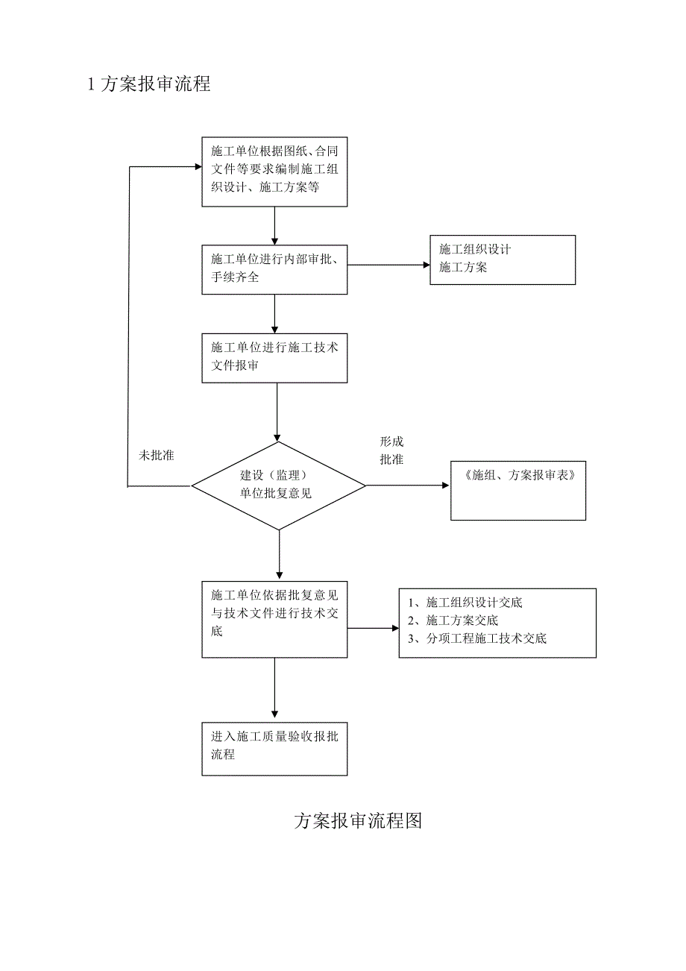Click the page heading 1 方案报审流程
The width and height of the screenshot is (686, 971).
[x=149, y=84]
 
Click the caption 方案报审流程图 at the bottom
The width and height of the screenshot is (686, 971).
[x=358, y=821]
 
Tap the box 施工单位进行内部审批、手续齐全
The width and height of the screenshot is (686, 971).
[x=274, y=269]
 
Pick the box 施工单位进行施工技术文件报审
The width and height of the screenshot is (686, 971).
[x=274, y=358]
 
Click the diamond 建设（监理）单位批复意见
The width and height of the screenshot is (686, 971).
[x=279, y=485]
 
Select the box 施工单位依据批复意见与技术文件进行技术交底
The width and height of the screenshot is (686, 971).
[x=274, y=618]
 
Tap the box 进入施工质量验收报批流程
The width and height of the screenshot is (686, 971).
[x=274, y=748]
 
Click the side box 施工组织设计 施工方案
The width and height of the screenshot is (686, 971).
[x=503, y=260]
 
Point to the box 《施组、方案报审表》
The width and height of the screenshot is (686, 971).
[x=518, y=490]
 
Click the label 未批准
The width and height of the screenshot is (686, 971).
[x=157, y=455]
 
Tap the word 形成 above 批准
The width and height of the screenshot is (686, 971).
[x=391, y=441]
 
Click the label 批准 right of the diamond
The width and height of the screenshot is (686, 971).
[x=391, y=459]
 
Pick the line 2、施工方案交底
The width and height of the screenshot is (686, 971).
[x=453, y=620]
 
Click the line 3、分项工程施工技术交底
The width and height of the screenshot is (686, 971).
[x=477, y=638]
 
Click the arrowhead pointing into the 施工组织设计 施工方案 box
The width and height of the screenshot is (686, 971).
[x=427, y=265]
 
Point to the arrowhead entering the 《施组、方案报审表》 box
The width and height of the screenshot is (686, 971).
[x=447, y=485]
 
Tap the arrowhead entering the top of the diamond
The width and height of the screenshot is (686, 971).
[x=278, y=438]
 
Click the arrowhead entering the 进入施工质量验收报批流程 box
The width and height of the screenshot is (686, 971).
[x=275, y=717]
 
